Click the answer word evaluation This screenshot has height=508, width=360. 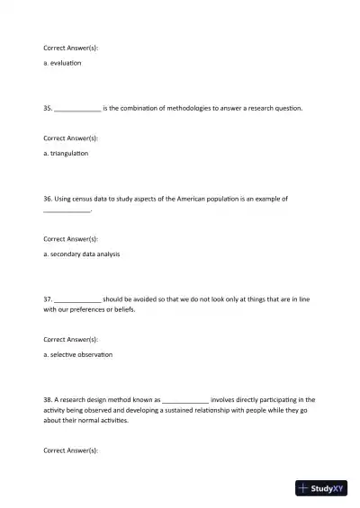[66, 63]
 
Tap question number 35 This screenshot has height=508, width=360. [48, 108]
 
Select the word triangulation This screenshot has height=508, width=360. [68, 154]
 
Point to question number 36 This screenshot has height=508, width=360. [48, 199]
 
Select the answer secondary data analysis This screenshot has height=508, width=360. [85, 254]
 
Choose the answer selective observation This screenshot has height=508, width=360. [81, 354]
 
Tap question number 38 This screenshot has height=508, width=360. [48, 399]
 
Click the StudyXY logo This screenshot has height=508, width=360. [321, 489]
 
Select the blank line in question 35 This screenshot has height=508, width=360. [78, 110]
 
